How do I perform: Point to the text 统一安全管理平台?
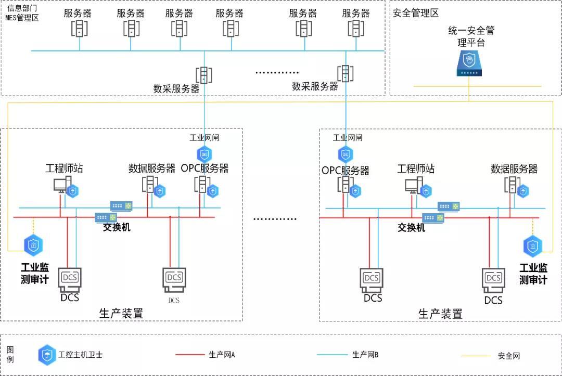tap(471, 36)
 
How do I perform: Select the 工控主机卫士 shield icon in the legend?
tap(47, 355)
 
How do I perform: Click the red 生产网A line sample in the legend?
tap(190, 355)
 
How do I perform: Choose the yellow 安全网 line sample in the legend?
tap(476, 356)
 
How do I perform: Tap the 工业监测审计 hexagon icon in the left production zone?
tap(34, 245)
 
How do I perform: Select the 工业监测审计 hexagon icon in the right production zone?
tap(532, 247)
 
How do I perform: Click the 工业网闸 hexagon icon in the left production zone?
tap(204, 154)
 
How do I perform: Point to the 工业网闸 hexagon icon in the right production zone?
tap(346, 154)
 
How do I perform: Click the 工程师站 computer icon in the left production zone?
tap(61, 185)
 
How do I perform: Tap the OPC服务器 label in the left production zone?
tap(205, 168)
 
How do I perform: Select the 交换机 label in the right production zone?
tap(411, 228)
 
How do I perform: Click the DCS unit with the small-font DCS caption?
tap(174, 281)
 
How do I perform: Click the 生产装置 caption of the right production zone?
tap(440, 314)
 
